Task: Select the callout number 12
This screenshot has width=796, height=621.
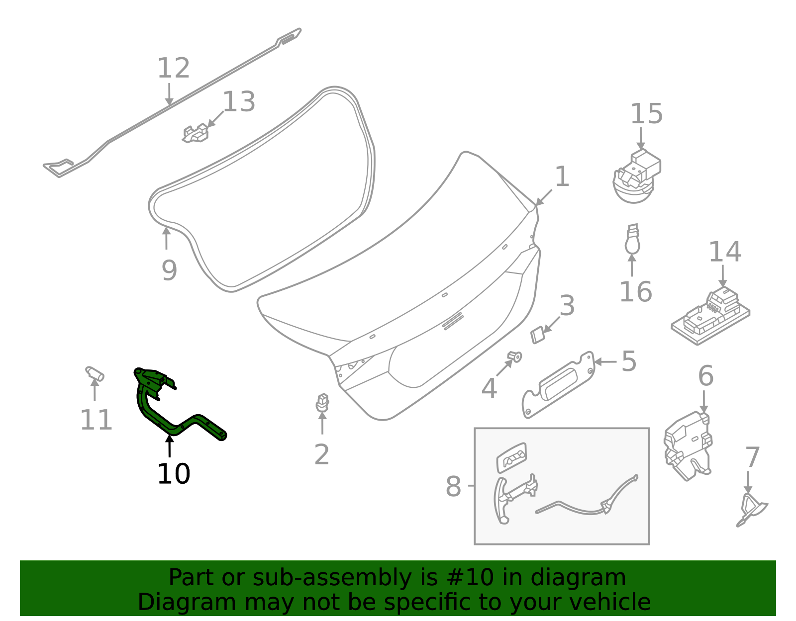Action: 173,68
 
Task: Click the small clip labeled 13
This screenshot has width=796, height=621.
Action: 196,133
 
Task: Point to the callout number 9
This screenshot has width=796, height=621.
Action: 169,270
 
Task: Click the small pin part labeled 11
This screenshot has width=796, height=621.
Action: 94,373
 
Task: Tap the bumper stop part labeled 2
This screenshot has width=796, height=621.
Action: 322,402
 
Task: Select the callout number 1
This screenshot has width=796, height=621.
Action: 562,177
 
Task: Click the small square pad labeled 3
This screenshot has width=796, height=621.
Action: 538,336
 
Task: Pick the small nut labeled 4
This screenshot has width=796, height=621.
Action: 514,356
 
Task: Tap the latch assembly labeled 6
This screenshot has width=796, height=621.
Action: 689,445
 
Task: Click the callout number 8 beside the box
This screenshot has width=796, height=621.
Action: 453,486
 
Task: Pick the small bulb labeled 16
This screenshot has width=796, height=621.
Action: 632,241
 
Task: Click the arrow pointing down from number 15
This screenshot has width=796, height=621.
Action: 641,138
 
